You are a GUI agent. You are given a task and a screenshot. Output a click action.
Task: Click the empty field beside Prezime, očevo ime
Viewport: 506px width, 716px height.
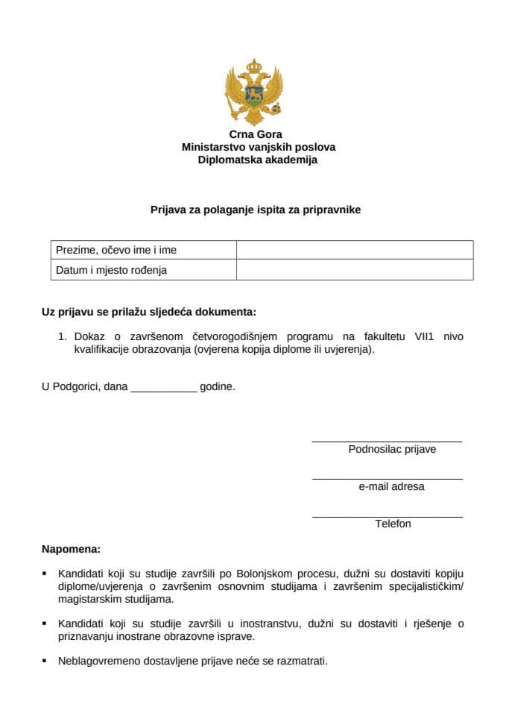click(354, 250)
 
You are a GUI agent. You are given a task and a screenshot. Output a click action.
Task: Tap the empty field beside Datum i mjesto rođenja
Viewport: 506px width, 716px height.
click(354, 270)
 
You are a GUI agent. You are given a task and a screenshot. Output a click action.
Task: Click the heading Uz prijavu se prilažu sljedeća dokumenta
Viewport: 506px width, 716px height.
click(149, 312)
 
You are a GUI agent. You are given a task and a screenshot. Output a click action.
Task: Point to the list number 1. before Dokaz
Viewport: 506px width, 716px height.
click(63, 336)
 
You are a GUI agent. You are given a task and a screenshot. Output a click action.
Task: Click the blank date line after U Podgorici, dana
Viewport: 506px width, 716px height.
click(163, 389)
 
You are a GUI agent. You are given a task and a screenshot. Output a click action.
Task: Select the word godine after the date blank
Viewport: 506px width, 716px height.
click(217, 387)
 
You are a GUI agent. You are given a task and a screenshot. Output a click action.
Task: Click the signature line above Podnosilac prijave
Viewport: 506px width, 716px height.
click(387, 441)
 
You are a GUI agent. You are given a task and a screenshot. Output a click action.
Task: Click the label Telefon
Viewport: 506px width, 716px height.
click(393, 524)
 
